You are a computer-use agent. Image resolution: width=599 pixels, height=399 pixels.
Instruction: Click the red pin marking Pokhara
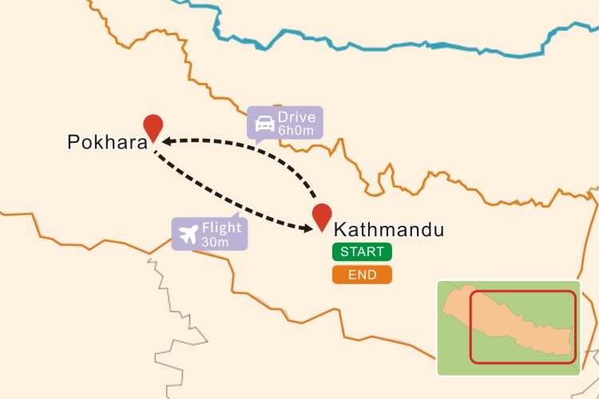point(153,127)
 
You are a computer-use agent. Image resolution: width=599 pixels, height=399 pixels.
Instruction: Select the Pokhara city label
point(107,143)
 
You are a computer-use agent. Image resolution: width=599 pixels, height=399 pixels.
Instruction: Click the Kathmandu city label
point(388,230)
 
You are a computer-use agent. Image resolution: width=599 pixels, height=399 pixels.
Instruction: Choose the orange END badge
point(362,275)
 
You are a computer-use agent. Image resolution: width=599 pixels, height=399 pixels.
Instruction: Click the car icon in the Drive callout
point(264,124)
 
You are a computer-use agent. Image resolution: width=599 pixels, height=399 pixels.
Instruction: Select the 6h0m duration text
point(297,130)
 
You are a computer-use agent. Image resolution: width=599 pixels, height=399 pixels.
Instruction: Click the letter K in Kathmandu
point(339,230)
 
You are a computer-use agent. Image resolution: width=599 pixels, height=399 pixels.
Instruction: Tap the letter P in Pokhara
point(73,143)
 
